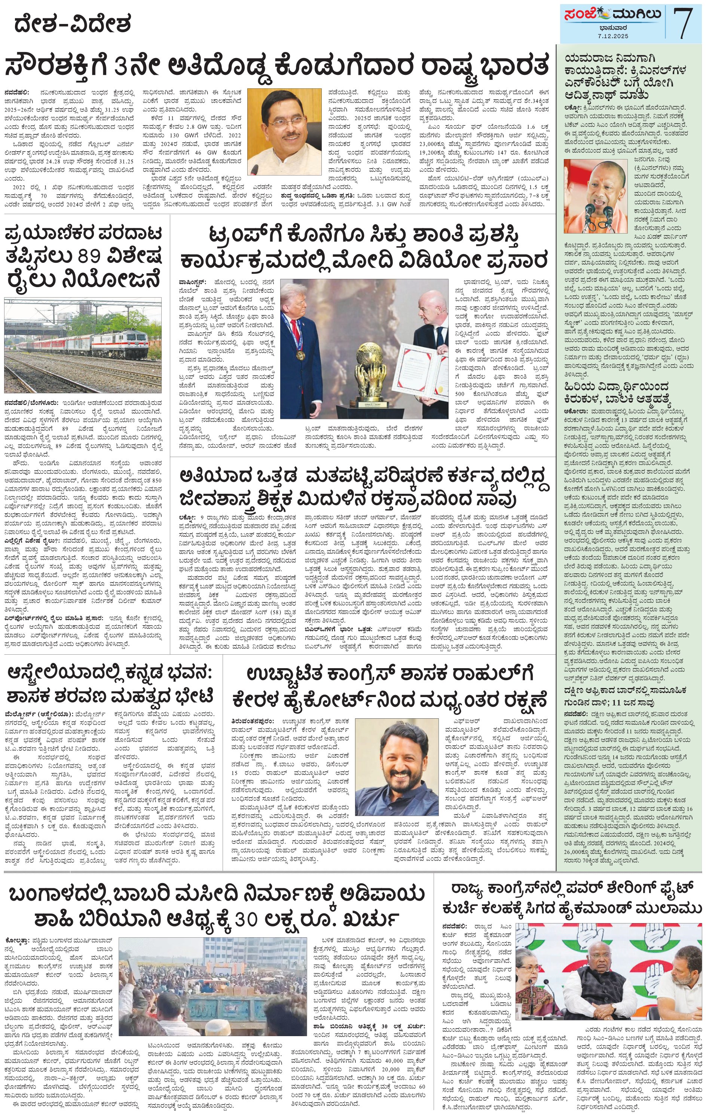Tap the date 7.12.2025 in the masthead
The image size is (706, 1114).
click(x=612, y=36)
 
